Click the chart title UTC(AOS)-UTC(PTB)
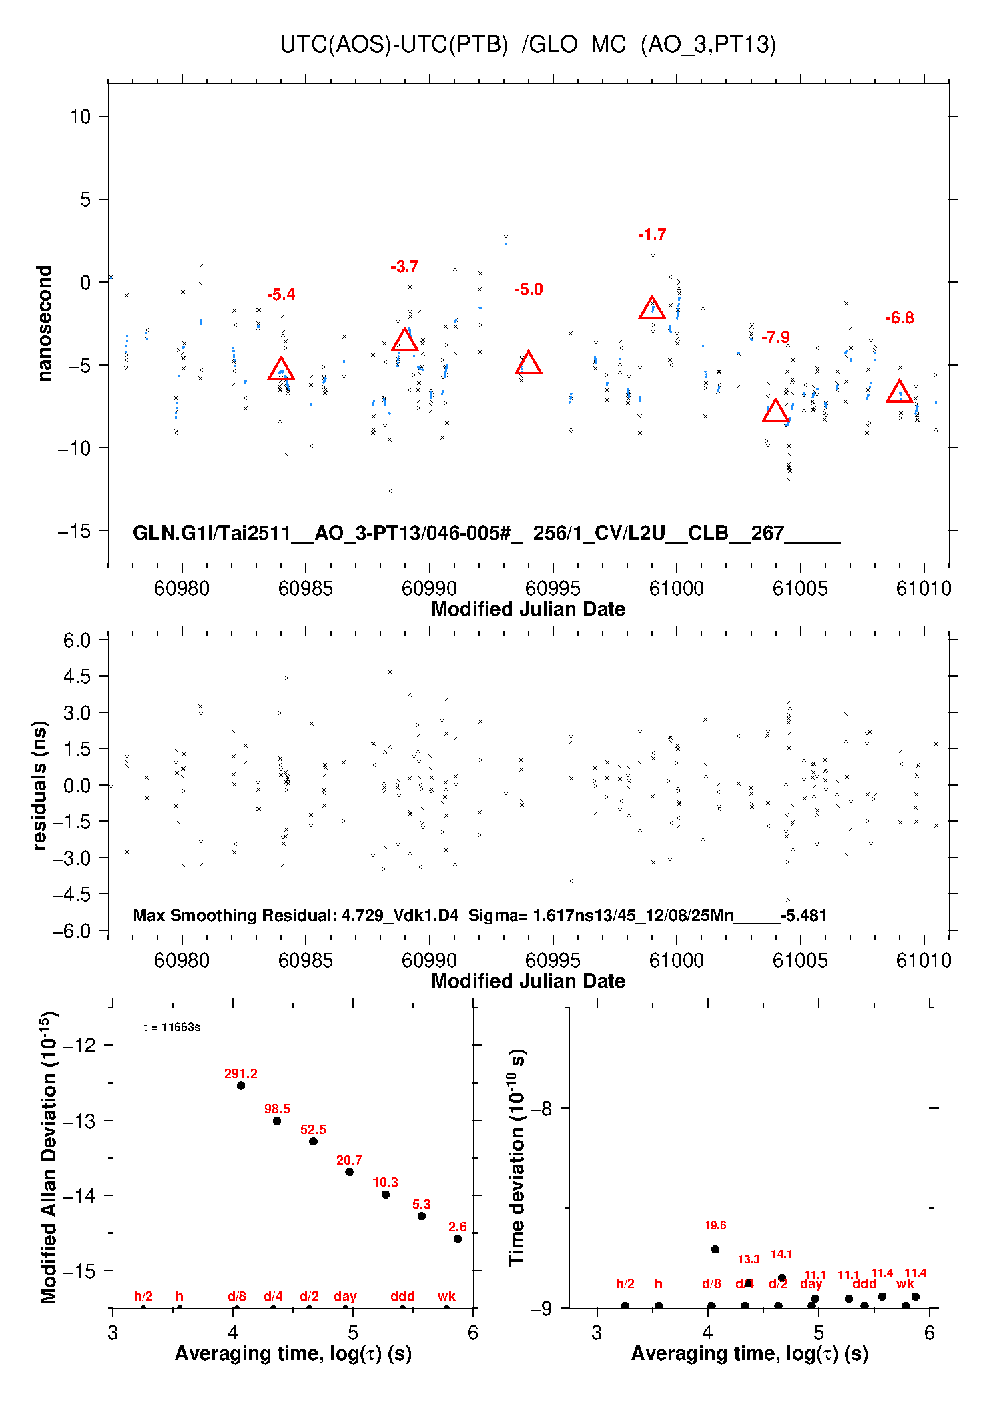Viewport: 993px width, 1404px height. [x=394, y=45]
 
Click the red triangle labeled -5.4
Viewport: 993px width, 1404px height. [x=281, y=370]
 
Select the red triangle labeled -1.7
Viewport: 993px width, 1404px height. [x=652, y=309]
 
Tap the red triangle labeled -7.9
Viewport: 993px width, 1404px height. [x=775, y=411]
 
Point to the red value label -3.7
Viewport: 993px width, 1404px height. [x=404, y=267]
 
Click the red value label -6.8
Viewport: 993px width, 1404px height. [x=899, y=318]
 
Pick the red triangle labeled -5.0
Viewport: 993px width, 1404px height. [x=529, y=364]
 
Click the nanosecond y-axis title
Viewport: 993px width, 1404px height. [x=45, y=323]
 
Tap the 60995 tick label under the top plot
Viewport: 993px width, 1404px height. [x=553, y=588]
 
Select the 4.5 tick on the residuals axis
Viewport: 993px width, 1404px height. [x=77, y=676]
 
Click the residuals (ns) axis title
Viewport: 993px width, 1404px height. [x=40, y=785]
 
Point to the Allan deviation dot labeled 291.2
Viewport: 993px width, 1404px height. [x=241, y=1086]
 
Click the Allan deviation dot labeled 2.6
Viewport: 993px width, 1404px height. [x=458, y=1239]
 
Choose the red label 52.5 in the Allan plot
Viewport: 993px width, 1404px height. [x=313, y=1129]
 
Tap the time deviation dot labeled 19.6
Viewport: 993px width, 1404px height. [x=715, y=1249]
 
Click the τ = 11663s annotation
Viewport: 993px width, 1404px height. [x=172, y=1027]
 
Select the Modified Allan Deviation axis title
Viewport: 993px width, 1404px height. [x=48, y=1157]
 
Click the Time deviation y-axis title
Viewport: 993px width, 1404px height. [x=517, y=1157]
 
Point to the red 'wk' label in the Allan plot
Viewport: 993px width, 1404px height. [x=446, y=1296]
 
